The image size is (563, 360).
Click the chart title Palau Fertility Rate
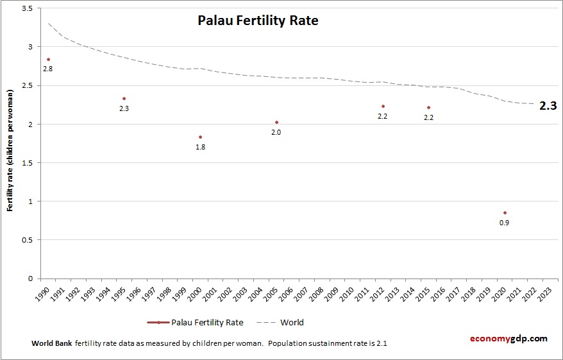(257, 21)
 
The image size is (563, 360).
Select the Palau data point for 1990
(48, 60)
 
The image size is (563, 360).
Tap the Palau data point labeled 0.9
(505, 212)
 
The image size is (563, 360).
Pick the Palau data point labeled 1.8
(200, 137)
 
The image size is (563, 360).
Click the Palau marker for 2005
(276, 122)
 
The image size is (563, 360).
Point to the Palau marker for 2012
(383, 107)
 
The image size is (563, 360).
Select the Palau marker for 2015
(428, 108)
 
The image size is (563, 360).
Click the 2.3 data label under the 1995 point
(124, 108)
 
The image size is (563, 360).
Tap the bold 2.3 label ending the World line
(548, 106)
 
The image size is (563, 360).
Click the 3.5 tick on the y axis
(28, 8)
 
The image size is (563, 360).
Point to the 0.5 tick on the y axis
(28, 240)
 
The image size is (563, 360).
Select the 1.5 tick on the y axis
(28, 163)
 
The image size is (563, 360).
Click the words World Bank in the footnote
(51, 343)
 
